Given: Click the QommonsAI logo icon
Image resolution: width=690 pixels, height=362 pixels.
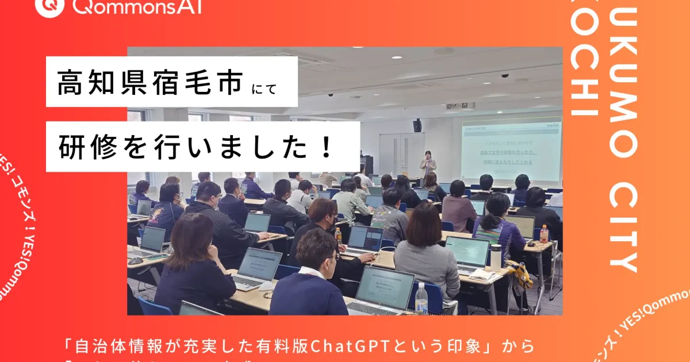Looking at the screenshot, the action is point(49,6).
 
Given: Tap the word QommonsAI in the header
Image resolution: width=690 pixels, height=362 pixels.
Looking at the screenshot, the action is point(137,6).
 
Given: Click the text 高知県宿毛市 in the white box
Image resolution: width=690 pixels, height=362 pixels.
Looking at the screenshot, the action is point(149,84).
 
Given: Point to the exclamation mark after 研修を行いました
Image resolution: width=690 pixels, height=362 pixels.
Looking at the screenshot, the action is point(326,147).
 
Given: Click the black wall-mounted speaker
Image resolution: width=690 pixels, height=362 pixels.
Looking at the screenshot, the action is point(417,125).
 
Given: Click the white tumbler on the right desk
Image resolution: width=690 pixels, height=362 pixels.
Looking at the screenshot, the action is point(495,257).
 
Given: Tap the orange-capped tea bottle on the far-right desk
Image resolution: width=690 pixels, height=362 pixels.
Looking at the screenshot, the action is point(544,233).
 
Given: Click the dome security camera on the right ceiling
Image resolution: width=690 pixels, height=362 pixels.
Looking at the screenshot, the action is point(504,75).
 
